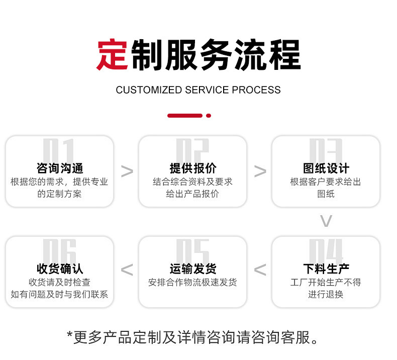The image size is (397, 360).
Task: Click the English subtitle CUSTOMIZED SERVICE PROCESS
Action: [x=198, y=90]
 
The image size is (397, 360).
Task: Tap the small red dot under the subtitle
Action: [x=209, y=116]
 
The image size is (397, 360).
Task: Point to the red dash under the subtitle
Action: [x=184, y=116]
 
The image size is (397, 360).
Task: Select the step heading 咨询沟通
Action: [x=60, y=168]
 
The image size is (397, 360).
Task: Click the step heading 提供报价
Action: [x=193, y=168]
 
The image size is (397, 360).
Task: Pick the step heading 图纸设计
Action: [x=326, y=168]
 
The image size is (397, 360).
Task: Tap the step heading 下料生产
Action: [x=326, y=269]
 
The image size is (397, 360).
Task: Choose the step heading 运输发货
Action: [x=193, y=269]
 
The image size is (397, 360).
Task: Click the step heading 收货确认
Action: [x=60, y=269]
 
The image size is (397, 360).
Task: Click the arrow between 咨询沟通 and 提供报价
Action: [x=127, y=171]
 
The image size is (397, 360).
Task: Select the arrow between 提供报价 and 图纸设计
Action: [x=260, y=171]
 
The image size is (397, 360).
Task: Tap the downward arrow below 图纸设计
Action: [x=326, y=221]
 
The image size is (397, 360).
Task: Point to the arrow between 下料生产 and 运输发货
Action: [x=260, y=270]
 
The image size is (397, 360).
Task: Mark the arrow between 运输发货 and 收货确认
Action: [x=127, y=270]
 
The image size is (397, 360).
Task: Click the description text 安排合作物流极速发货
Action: [x=193, y=283]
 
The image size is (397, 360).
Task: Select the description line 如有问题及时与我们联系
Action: [x=59, y=294]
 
